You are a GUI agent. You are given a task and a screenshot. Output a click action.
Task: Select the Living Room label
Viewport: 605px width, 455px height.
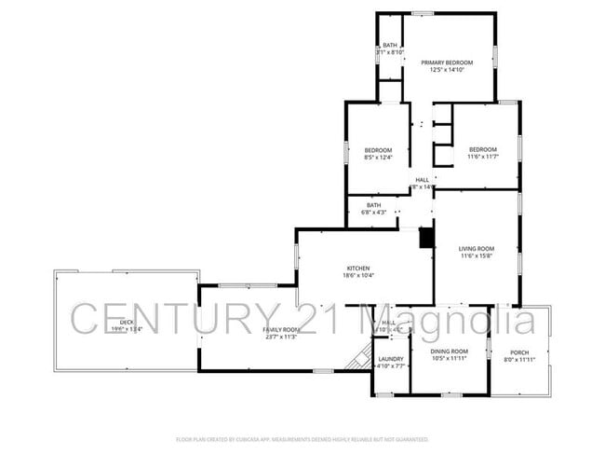[x=476, y=249]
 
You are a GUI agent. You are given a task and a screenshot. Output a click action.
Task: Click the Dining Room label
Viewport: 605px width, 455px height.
[x=449, y=352]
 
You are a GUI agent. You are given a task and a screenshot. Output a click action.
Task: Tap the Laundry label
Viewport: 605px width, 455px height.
[x=391, y=359]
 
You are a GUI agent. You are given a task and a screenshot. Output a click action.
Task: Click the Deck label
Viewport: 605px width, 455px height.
[x=126, y=322]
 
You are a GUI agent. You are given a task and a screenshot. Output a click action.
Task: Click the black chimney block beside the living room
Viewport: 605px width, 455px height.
[x=426, y=239]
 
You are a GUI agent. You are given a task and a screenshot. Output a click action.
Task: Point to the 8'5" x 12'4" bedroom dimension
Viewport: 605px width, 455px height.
[x=378, y=158]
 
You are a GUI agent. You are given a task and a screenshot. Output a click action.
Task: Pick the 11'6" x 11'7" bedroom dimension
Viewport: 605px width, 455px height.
[x=482, y=157]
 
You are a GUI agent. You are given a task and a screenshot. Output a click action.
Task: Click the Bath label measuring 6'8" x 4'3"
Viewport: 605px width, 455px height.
[x=373, y=205]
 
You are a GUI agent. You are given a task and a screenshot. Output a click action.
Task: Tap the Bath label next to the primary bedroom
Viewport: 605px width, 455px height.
[x=390, y=45]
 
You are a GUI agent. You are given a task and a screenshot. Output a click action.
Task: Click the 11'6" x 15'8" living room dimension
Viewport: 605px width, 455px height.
[x=476, y=256]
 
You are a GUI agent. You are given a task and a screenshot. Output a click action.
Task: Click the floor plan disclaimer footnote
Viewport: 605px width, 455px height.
[x=302, y=438]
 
